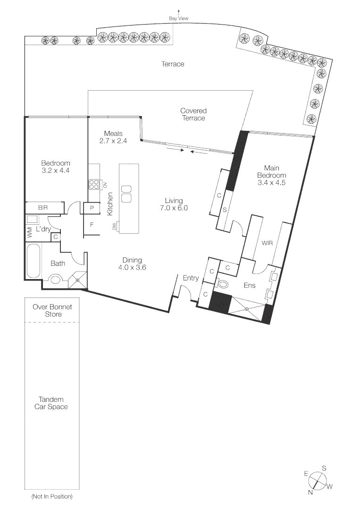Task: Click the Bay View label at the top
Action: [178, 18]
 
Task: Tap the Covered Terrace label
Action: [193, 114]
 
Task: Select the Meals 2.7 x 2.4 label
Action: [113, 137]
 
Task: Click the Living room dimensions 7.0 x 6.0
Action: [174, 208]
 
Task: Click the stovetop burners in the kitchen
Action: [94, 185]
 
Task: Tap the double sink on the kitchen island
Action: [126, 194]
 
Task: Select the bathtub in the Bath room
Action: [33, 261]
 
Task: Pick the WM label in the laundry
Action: [30, 232]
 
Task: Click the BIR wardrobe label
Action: [43, 207]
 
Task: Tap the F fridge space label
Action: [92, 224]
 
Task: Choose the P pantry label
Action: [92, 208]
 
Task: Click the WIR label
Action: [267, 243]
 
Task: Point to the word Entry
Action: [191, 278]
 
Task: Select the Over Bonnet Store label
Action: [52, 311]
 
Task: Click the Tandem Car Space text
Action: [51, 403]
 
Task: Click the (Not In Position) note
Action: [52, 497]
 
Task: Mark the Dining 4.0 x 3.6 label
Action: [132, 264]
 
